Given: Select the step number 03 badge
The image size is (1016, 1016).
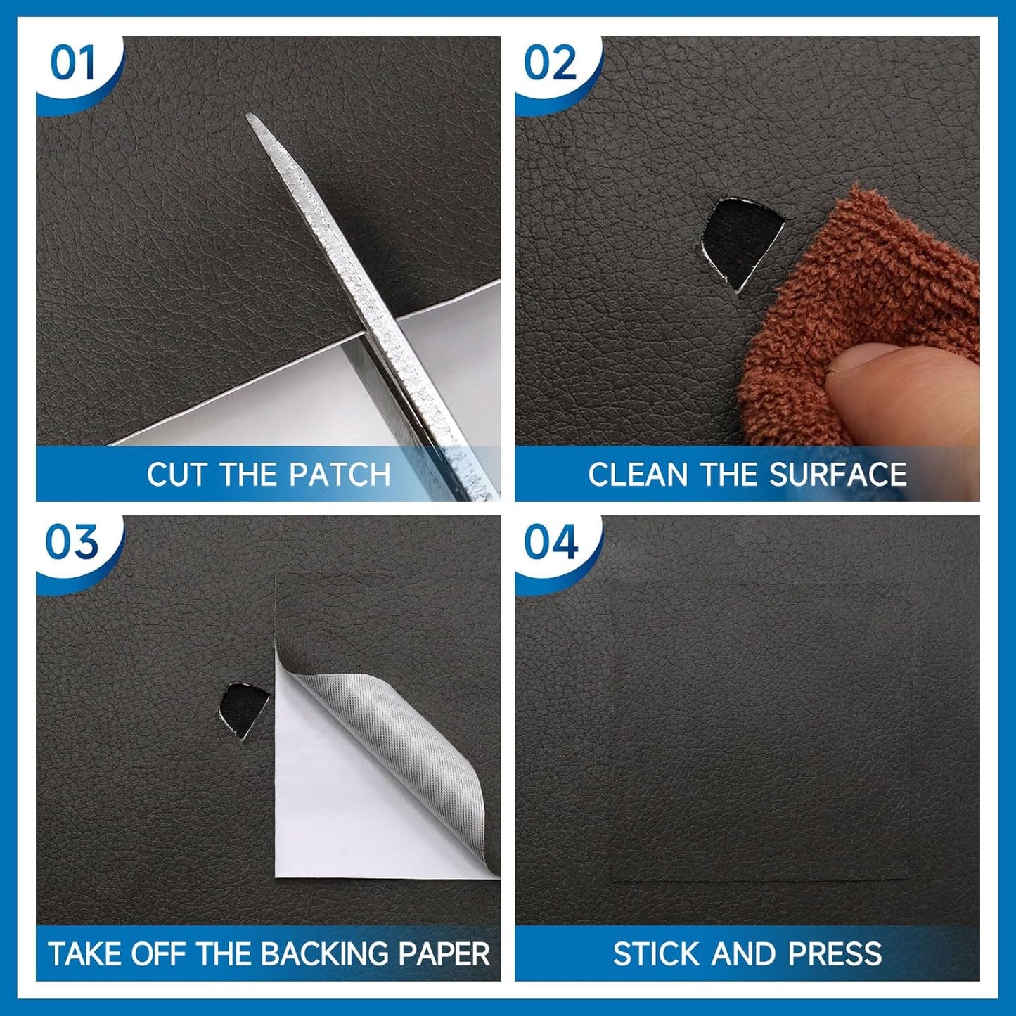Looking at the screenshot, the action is pyautogui.click(x=72, y=542).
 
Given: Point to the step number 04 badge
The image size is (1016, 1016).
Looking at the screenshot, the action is pyautogui.click(x=551, y=542).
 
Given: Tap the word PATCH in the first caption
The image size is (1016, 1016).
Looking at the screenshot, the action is pyautogui.click(x=340, y=475).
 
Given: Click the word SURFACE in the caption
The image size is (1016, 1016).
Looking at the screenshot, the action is pyautogui.click(x=838, y=475).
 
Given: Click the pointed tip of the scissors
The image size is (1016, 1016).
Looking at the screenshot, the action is pyautogui.click(x=248, y=115).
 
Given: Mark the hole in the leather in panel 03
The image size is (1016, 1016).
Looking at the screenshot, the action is pyautogui.click(x=243, y=707).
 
